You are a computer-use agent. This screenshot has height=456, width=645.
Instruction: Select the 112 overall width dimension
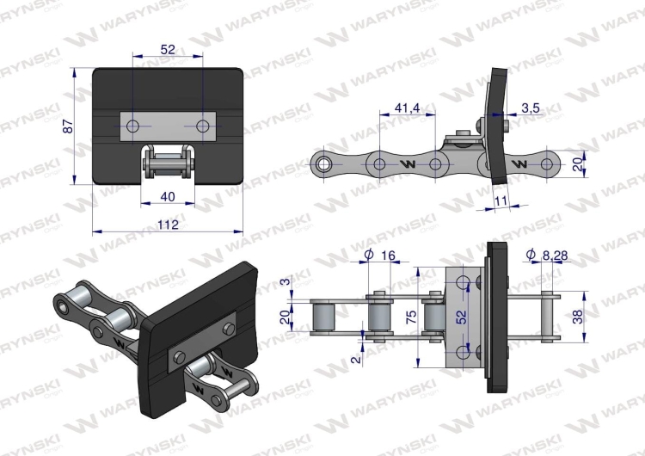point(168,225)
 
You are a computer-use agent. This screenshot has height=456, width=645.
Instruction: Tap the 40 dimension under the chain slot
point(168,197)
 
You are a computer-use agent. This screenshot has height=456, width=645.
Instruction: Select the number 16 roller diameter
point(387,256)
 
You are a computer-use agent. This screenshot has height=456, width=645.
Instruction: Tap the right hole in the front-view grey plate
point(203,127)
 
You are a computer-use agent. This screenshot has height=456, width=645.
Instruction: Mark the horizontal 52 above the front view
point(168,51)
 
